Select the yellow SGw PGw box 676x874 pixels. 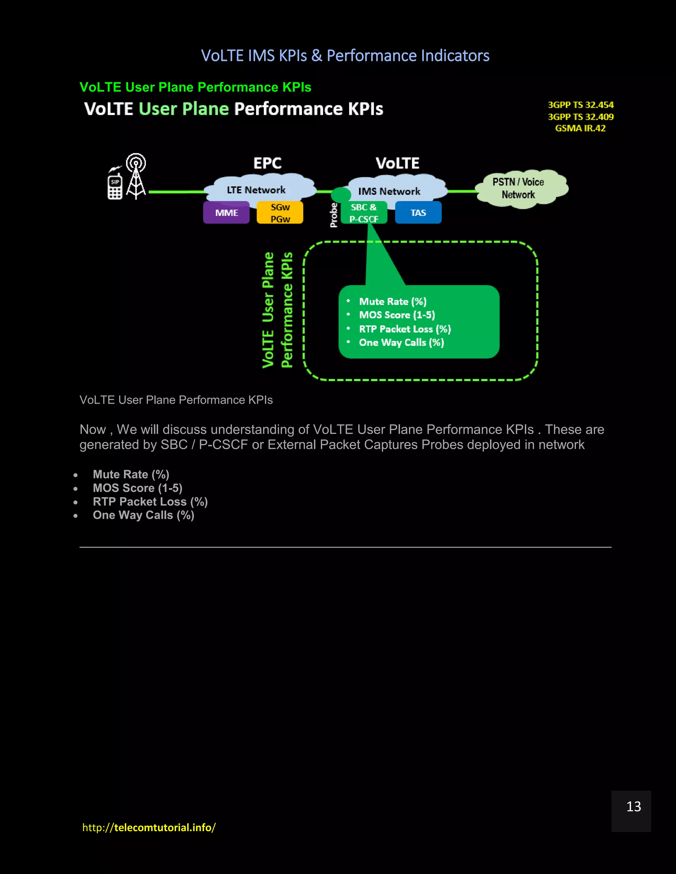click(280, 212)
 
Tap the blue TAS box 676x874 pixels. click(418, 212)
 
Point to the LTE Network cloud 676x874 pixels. click(256, 189)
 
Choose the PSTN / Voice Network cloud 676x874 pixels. click(518, 188)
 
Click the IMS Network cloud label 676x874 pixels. click(389, 191)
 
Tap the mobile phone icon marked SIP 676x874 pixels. click(115, 186)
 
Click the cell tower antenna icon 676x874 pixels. click(136, 176)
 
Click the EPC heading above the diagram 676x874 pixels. click(267, 163)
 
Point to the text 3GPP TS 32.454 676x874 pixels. click(580, 105)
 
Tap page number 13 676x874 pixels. click(633, 806)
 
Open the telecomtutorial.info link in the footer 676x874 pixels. click(149, 827)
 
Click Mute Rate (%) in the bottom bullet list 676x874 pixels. click(131, 474)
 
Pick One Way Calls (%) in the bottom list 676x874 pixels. click(143, 515)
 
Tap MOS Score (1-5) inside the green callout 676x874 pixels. click(396, 315)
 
